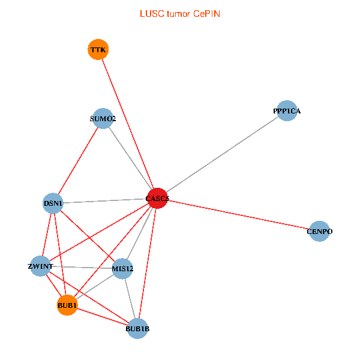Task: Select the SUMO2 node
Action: [103, 119]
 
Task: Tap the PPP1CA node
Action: [287, 110]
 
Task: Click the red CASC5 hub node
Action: [157, 198]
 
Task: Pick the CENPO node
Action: [319, 231]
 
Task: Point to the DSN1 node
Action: [53, 203]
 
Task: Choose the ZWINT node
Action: [41, 266]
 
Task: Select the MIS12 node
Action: [122, 268]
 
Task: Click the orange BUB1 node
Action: [67, 305]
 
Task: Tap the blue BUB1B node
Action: [137, 328]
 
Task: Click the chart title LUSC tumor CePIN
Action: [179, 13]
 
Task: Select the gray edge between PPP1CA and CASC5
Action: [222, 154]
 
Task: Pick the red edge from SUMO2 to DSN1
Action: [79, 161]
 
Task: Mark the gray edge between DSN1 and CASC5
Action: [105, 201]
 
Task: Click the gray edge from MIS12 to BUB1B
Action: [130, 298]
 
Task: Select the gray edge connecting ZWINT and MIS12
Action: [82, 267]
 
